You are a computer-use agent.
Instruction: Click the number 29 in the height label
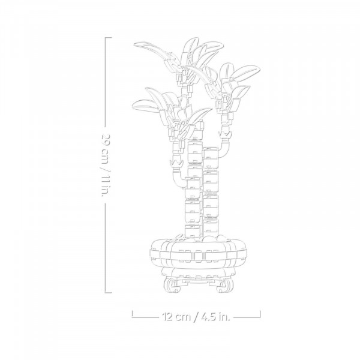[106, 140]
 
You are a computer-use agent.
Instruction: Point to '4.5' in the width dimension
[209, 317]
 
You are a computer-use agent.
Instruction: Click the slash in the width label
[196, 317]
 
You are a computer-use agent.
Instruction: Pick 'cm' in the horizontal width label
[183, 317]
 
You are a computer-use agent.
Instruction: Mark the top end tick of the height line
[109, 37]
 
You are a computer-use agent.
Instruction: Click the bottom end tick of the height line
[109, 293]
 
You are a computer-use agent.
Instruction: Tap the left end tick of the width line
[132, 314]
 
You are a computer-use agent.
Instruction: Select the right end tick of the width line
[260, 314]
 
